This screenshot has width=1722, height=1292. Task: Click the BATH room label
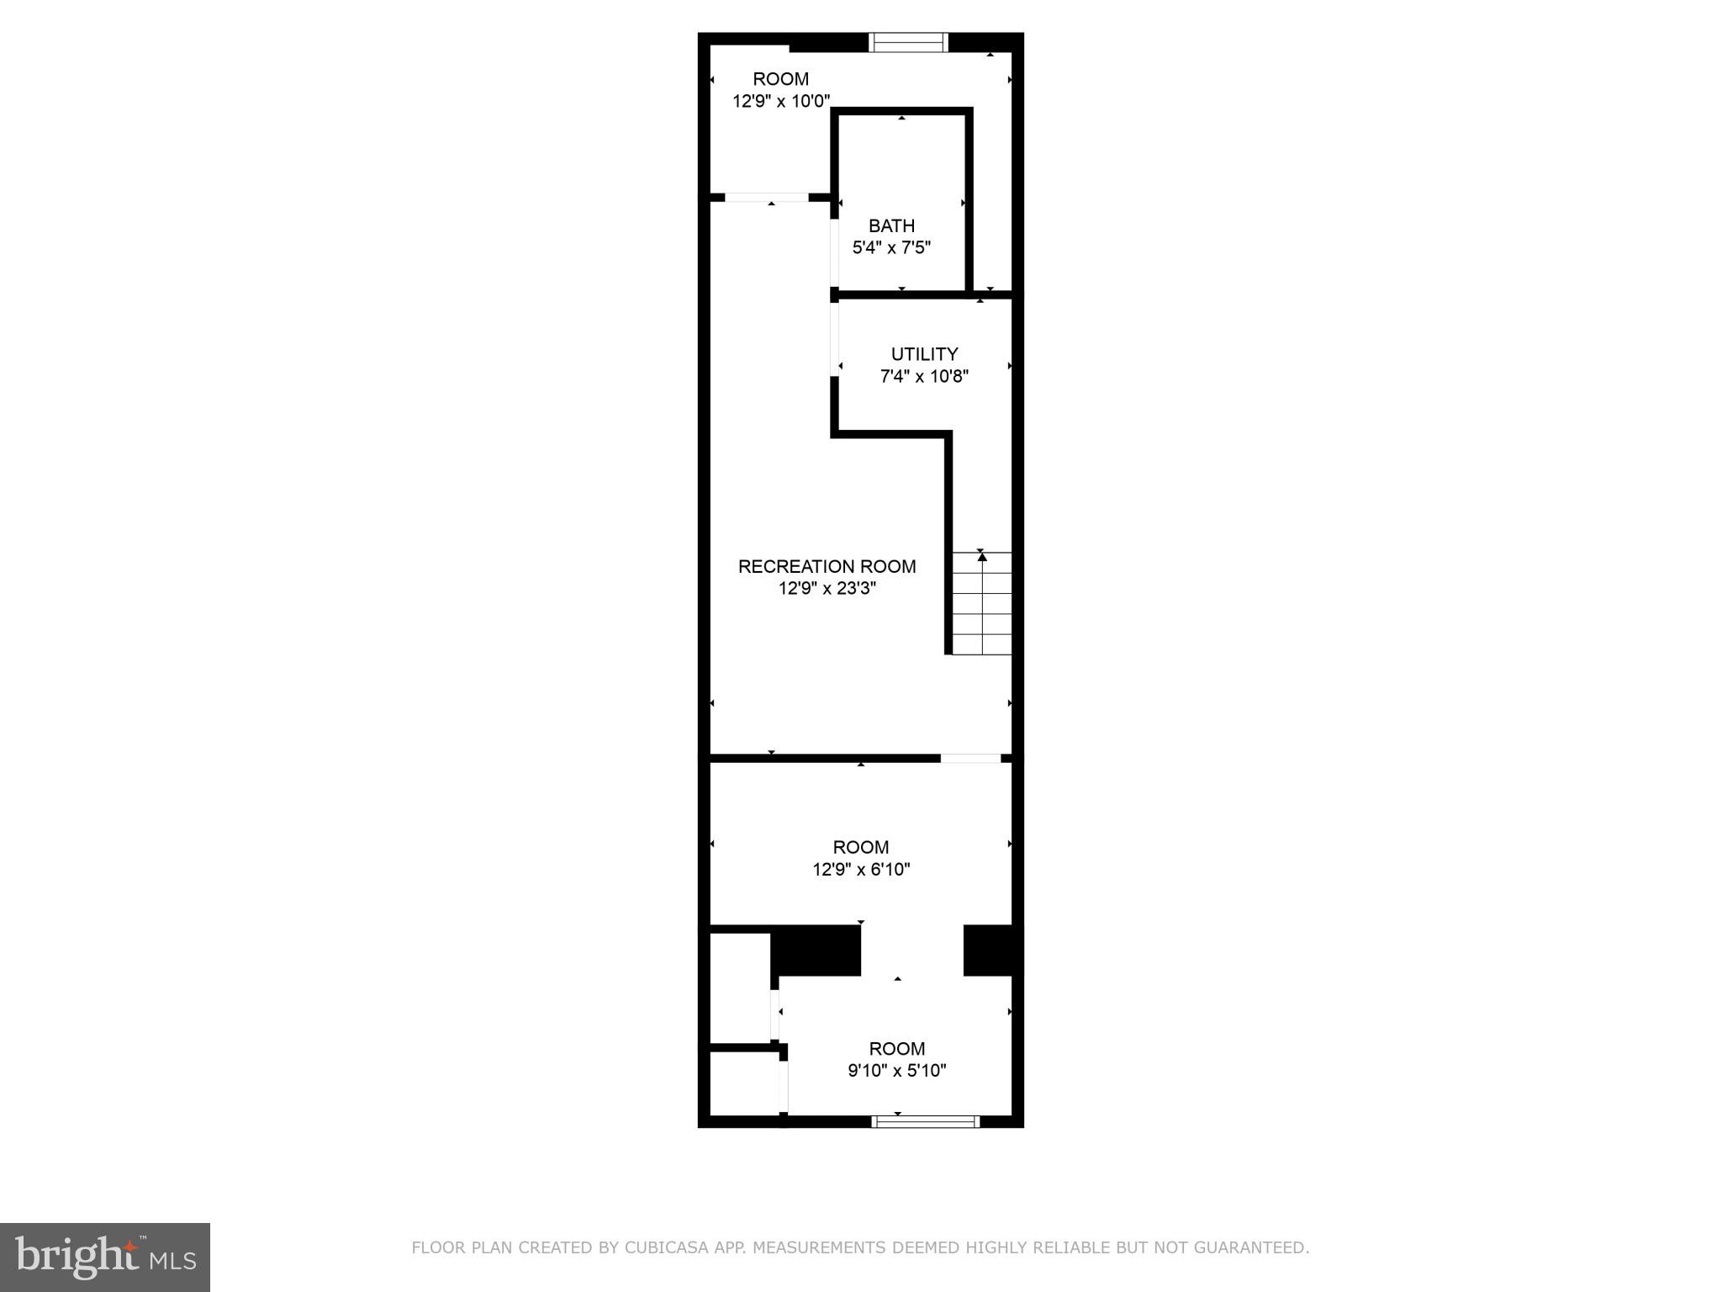click(891, 225)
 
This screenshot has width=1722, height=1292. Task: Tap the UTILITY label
click(924, 354)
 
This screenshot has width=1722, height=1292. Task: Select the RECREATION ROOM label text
click(827, 566)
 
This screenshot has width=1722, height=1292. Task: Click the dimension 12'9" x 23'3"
click(827, 589)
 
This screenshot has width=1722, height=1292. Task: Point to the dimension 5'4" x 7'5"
click(891, 248)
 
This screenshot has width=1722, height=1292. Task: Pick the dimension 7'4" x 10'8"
click(924, 377)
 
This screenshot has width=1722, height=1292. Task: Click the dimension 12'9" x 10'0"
click(781, 102)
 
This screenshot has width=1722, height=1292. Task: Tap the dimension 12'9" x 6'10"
click(861, 870)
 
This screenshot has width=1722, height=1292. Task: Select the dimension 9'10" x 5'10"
click(896, 1071)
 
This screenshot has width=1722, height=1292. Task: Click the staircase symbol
click(981, 604)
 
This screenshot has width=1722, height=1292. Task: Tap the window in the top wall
click(908, 42)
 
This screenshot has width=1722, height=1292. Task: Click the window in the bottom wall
click(925, 1121)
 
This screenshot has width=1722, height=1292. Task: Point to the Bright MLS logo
click(104, 1257)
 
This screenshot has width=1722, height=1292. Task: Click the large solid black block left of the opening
click(816, 950)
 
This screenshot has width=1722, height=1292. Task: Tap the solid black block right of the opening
click(992, 950)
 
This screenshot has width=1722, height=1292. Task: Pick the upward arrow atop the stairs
click(982, 556)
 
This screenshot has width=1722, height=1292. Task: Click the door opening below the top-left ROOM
click(766, 198)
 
